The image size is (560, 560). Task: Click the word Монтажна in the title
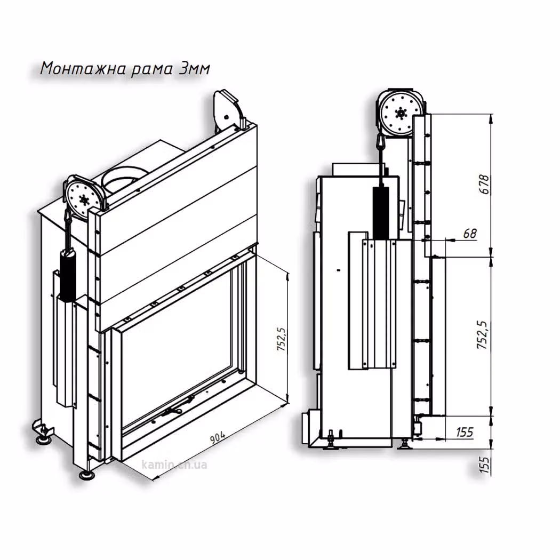tap(83, 68)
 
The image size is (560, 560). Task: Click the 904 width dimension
tap(217, 438)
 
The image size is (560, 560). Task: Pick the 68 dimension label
tap(470, 234)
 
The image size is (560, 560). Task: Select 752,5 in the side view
tap(482, 334)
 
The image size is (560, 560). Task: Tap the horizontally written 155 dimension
tap(465, 432)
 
